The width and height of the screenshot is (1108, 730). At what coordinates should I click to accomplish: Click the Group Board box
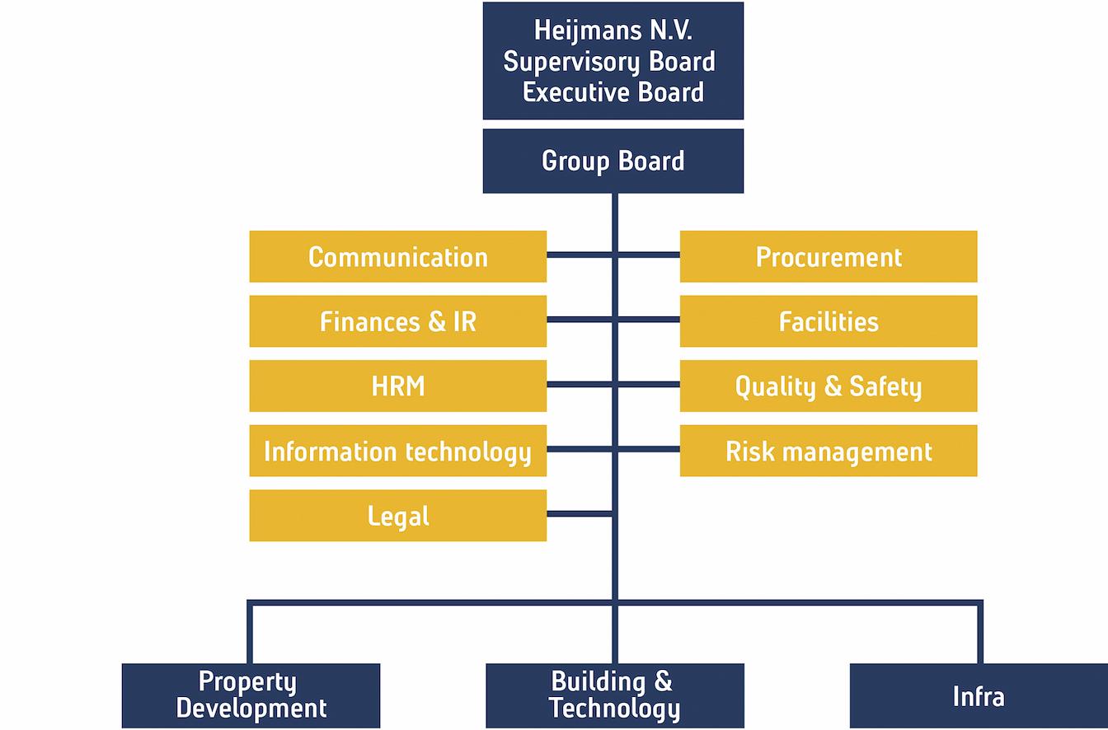(613, 161)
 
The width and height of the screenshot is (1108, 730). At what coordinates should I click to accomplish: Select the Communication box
(397, 256)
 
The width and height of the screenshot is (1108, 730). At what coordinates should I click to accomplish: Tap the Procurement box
(828, 256)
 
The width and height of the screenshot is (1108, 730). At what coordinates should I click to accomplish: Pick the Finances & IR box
(397, 321)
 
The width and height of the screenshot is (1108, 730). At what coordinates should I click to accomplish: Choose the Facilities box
(828, 321)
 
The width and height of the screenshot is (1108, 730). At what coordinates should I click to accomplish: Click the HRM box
(397, 386)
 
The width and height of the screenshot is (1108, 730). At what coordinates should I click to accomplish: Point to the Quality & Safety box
(828, 386)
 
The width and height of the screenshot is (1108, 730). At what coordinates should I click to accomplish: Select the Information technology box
(397, 451)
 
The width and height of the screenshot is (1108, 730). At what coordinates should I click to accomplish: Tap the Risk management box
(828, 451)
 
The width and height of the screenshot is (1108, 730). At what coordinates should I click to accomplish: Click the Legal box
(397, 516)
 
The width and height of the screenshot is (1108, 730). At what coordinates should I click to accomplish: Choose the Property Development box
(251, 695)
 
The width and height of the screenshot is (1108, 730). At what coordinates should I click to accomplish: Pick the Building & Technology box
(614, 695)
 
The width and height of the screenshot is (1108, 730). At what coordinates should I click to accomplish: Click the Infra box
(979, 695)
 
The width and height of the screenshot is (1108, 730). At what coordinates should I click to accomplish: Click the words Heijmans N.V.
(613, 30)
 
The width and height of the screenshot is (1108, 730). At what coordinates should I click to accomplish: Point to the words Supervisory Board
(609, 61)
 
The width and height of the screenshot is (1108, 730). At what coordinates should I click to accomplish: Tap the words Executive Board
(613, 91)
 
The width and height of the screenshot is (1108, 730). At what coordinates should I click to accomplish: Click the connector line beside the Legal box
(579, 514)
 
